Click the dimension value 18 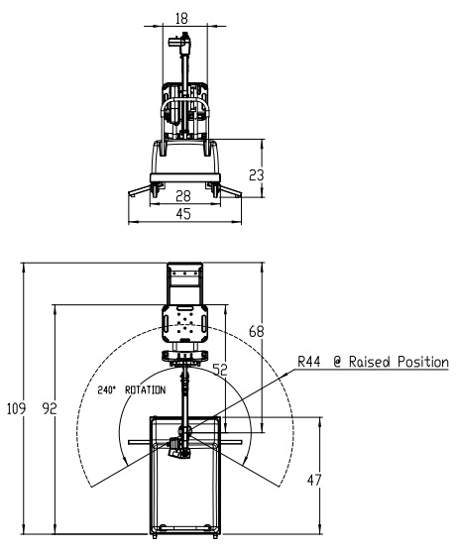pos(181,18)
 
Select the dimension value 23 pos(257,174)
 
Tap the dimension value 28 pos(183,196)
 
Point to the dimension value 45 pos(183,214)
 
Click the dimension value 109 pos(16,408)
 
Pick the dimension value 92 pos(50,408)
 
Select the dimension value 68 pos(257,331)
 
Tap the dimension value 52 pos(220,370)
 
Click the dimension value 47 pos(314,480)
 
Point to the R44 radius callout pos(308,362)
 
